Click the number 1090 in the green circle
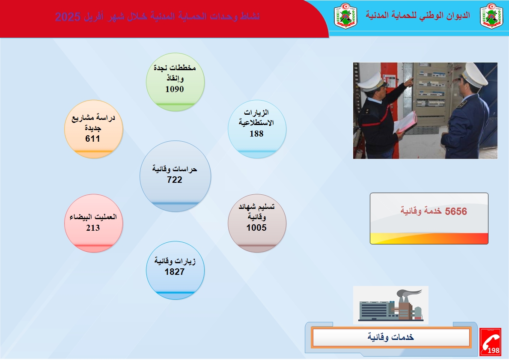[x=175, y=89]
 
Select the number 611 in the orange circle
[x=92, y=139]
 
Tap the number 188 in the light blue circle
[x=256, y=134]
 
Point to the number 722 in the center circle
[x=175, y=179]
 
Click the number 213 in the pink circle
[x=93, y=228]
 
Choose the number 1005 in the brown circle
[x=256, y=228]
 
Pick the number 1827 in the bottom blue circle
[x=175, y=272]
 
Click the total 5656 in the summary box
[x=456, y=211]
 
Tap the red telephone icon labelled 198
[x=490, y=342]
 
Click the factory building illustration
[x=391, y=305]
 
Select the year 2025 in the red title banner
[x=68, y=17]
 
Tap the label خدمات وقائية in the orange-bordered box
[x=391, y=337]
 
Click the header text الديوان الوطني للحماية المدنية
[x=418, y=15]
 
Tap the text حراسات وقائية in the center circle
[x=175, y=169]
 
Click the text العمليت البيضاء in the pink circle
[x=93, y=217]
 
